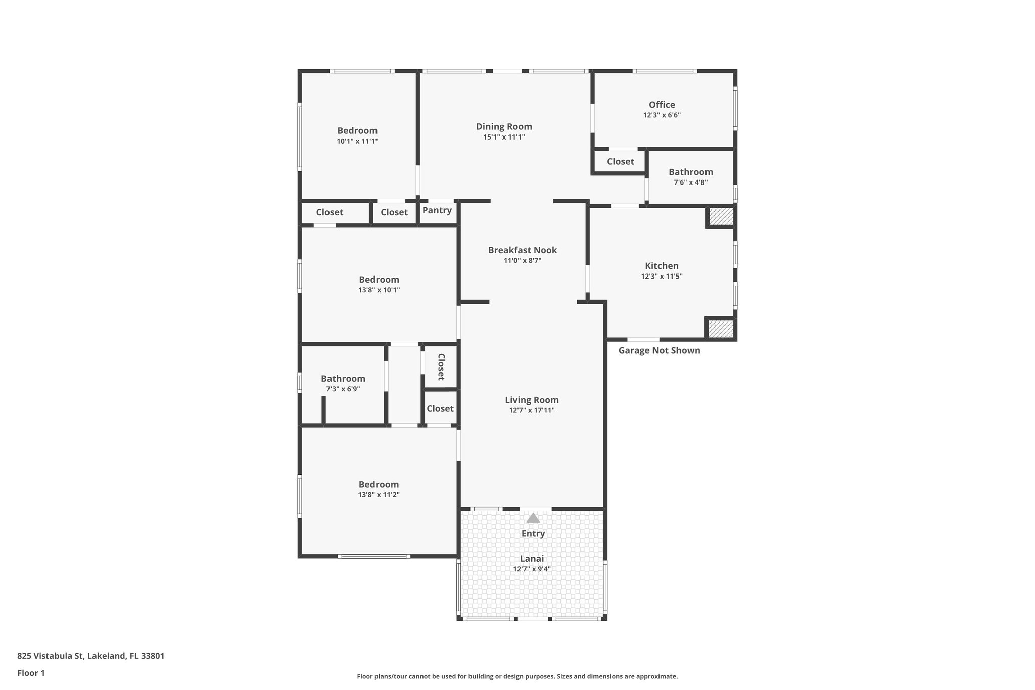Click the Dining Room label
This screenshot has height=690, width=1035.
(x=504, y=127)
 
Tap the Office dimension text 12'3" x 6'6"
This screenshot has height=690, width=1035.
(x=662, y=115)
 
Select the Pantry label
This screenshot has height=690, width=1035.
(x=437, y=210)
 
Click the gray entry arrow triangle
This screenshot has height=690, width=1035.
(x=533, y=518)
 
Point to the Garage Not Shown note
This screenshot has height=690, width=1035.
(x=659, y=351)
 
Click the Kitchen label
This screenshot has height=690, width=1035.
(x=662, y=266)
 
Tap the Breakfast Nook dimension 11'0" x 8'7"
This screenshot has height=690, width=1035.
(x=522, y=261)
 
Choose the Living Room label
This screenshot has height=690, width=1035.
(x=532, y=400)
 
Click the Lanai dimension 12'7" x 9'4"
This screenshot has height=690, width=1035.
(x=532, y=569)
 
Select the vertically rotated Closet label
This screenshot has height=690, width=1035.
(x=441, y=367)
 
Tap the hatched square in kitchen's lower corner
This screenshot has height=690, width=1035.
(x=720, y=329)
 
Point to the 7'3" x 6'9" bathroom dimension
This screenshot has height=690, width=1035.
(x=343, y=389)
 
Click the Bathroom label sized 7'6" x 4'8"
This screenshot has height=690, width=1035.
(x=690, y=172)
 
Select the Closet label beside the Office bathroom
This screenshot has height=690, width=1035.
(x=620, y=162)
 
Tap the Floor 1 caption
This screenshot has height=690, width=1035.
(x=31, y=673)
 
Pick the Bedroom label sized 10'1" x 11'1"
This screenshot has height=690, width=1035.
(x=357, y=131)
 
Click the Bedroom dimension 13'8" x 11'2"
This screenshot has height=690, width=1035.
(x=379, y=495)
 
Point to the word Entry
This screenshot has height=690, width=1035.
(x=533, y=534)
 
